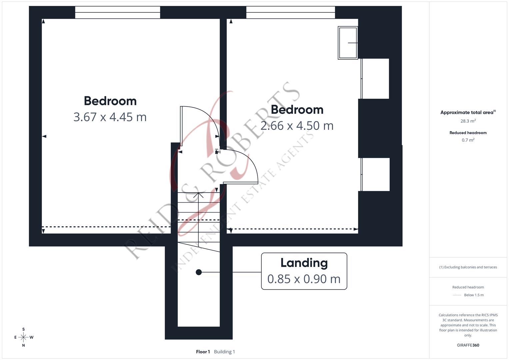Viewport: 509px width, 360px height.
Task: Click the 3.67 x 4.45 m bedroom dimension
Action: (110, 117)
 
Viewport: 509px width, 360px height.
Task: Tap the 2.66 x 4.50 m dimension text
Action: (297, 126)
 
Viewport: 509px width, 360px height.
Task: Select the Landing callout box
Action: (304, 271)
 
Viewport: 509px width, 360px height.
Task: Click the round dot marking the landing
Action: (199, 272)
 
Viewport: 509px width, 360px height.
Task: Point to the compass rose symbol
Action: (23, 337)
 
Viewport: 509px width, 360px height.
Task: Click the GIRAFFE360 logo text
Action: (468, 345)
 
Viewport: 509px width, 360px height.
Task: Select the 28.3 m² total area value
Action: (468, 121)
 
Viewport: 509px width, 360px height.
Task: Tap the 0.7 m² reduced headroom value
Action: (468, 140)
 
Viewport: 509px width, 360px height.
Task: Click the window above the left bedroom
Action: (117, 13)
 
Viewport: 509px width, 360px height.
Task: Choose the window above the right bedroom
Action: (290, 13)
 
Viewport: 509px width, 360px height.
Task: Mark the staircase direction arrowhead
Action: (198, 195)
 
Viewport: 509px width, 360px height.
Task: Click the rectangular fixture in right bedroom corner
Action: (348, 43)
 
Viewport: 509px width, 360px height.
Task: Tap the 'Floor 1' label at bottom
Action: (203, 352)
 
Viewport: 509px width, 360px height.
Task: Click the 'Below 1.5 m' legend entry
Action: (473, 295)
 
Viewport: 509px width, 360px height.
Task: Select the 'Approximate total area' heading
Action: (467, 112)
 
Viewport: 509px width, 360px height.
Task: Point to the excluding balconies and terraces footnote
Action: (468, 267)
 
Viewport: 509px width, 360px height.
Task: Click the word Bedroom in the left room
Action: (110, 101)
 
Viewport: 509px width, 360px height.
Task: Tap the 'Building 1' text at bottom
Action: (224, 352)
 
